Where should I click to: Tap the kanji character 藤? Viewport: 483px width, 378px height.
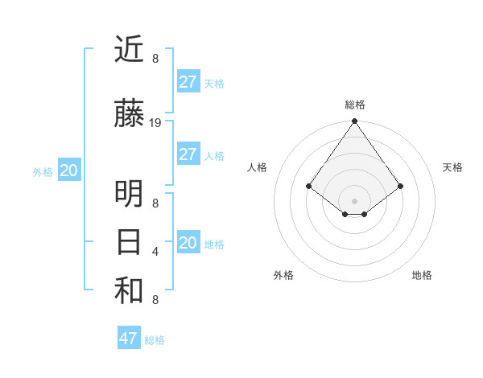coord(129,114)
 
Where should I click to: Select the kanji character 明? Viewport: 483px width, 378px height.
coord(129,194)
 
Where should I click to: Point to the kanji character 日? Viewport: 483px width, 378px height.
coord(129,242)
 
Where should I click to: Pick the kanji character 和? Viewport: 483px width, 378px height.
coord(129,291)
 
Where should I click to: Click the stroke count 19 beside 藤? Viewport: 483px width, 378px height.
coord(155,123)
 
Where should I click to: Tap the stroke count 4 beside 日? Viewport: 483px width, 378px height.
coord(155,252)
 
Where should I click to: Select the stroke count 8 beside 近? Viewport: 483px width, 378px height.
coord(155,59)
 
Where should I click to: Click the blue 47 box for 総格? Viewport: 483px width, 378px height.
coord(129,339)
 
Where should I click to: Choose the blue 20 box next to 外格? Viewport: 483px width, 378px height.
coord(69,171)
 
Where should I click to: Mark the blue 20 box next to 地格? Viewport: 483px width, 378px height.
coord(188,243)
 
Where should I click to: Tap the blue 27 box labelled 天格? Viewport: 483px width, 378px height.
coord(188,82)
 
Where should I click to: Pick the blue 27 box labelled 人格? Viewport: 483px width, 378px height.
coord(188,154)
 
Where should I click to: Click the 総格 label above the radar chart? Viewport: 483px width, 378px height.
coord(355,105)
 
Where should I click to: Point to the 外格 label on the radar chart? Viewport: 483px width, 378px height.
coord(283,275)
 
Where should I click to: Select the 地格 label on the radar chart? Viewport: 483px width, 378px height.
coord(422,275)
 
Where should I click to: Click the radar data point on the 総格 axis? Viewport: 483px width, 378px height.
coord(355,122)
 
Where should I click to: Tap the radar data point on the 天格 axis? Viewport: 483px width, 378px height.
coord(401,186)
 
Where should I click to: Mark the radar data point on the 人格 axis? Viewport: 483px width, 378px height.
coord(309,186)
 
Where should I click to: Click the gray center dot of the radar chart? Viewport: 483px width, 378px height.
coord(355,200)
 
